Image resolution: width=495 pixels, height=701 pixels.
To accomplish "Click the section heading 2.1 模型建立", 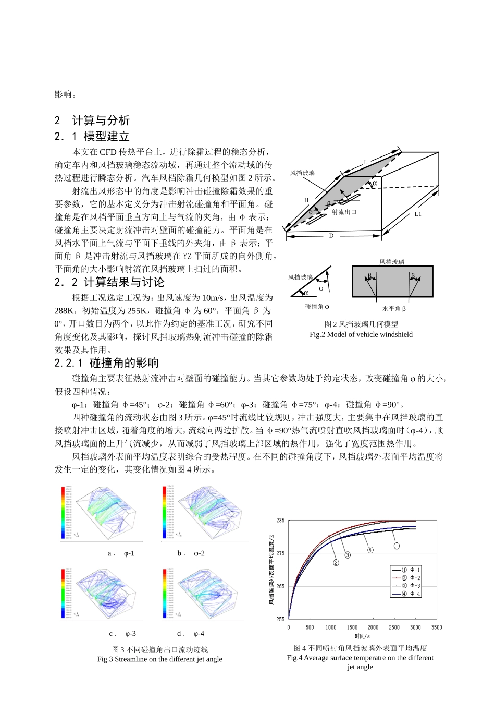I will coord(92,137).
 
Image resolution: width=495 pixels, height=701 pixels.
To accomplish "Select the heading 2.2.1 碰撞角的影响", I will coord(106,363).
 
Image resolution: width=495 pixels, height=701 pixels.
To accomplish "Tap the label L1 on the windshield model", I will coord(418,214).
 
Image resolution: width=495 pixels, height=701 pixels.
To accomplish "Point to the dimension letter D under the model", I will coord(331,236).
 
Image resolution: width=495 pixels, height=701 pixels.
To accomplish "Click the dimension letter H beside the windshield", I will coord(306,200).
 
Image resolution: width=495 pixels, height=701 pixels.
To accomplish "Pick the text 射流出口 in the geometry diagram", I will coord(344,212).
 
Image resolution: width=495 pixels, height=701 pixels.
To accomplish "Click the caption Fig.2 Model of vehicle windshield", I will coord(361,334).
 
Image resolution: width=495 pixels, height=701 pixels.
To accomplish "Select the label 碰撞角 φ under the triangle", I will coord(317,307).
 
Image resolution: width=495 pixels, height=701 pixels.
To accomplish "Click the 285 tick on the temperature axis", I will coord(280,521).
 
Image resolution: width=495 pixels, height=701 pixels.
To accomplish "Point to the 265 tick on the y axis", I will coord(280,586).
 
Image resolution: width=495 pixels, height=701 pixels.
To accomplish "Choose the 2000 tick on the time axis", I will coord(373,627).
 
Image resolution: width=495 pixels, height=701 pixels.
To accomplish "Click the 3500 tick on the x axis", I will coord(437,627).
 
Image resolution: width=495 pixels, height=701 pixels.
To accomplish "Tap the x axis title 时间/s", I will coord(362,636).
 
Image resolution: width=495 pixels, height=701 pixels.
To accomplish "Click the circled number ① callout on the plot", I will coord(397,546).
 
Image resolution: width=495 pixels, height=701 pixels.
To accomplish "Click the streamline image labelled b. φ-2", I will coord(203,513).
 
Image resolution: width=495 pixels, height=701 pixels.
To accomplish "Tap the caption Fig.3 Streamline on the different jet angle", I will coord(159,659).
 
